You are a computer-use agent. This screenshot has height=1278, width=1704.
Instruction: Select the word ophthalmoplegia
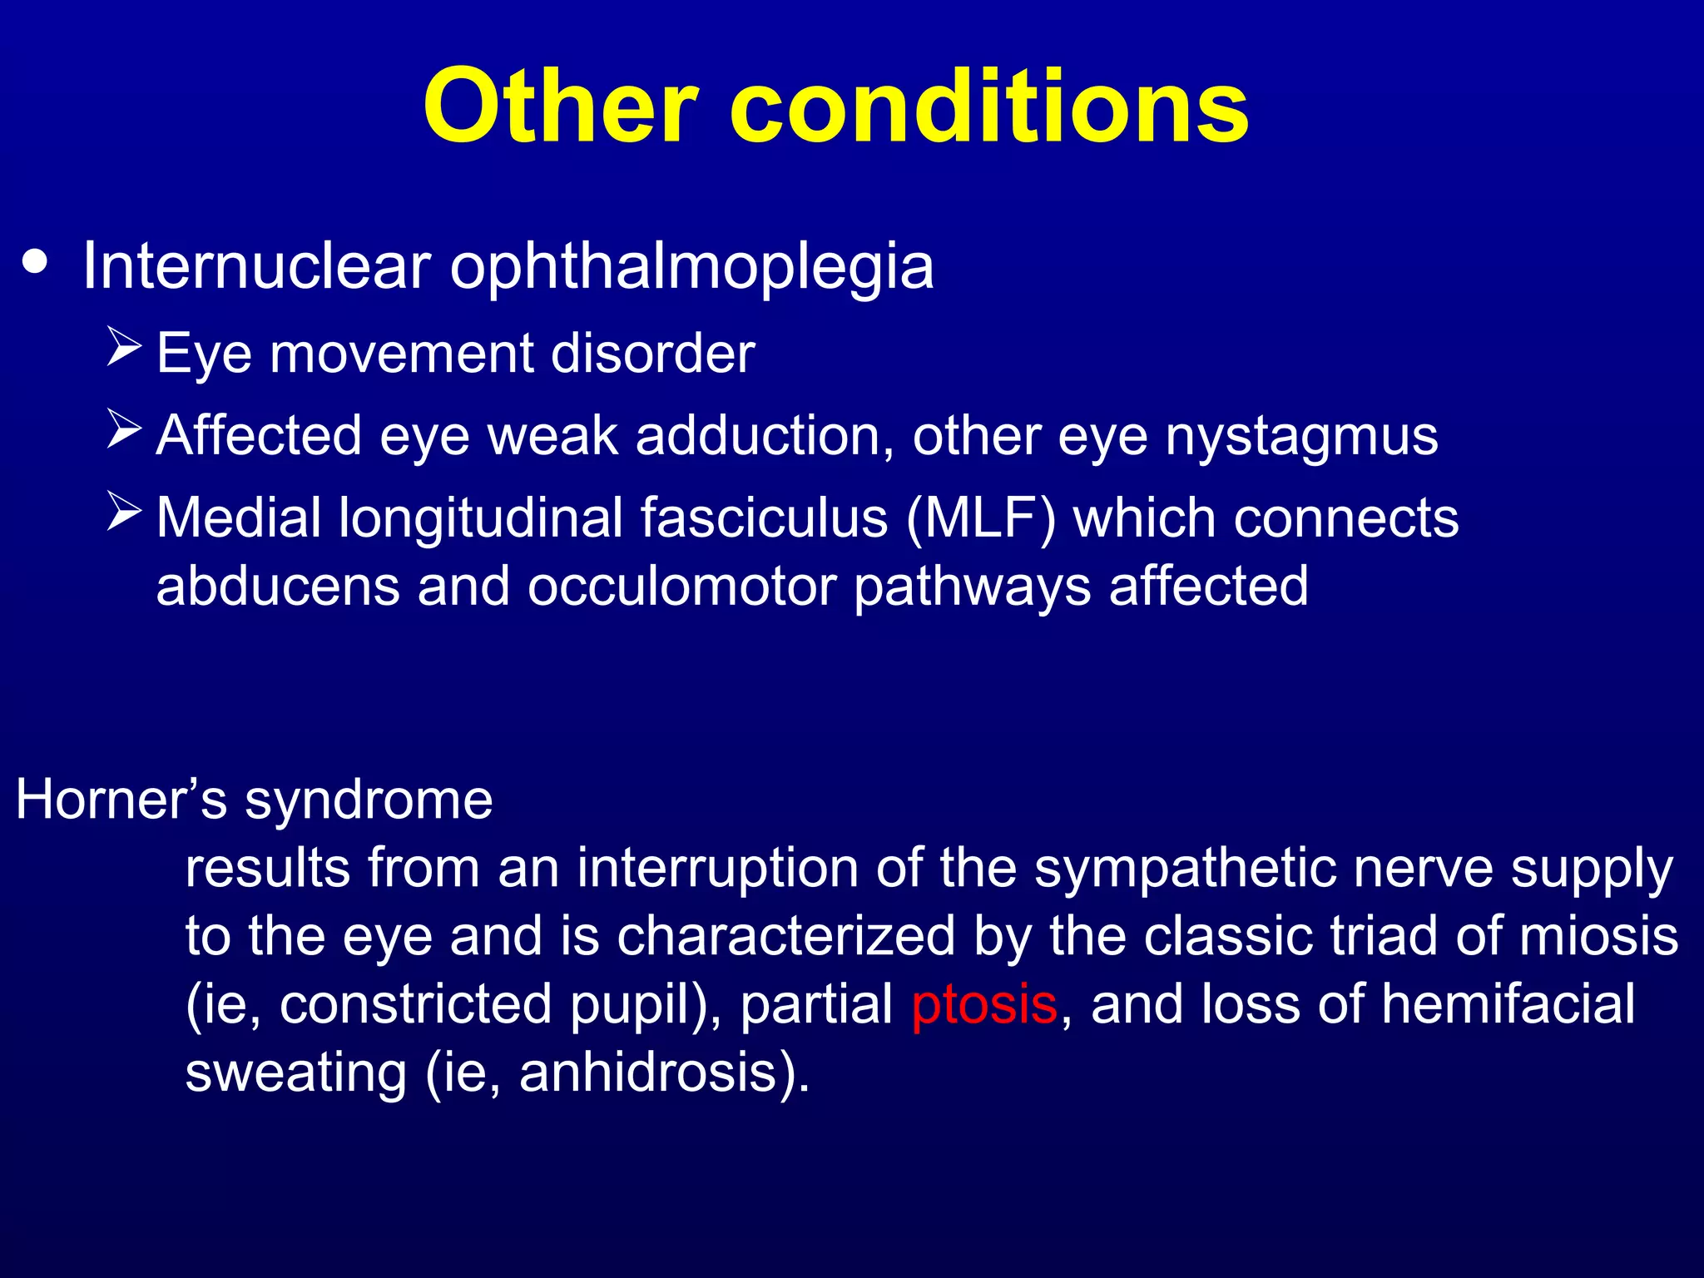click(x=691, y=268)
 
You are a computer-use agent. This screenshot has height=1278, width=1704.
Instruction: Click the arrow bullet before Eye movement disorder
click(x=125, y=348)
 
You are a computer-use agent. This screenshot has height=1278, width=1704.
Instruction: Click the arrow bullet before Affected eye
click(x=125, y=429)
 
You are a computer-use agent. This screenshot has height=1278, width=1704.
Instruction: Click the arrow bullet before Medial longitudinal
click(x=125, y=512)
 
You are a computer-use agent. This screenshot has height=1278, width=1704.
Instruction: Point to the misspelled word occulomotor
click(x=681, y=586)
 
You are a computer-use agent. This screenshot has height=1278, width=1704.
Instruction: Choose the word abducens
click(x=278, y=586)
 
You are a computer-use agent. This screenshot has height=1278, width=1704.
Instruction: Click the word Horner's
click(x=121, y=800)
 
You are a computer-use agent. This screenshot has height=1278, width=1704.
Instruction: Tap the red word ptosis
click(x=983, y=1004)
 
